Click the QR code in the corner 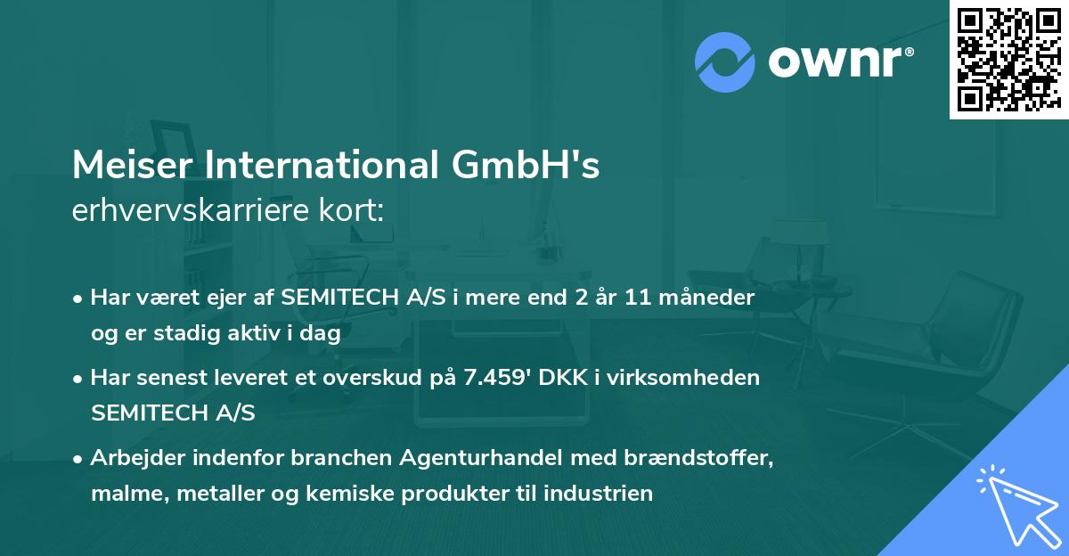point(1008,59)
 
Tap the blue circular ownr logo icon point(725,62)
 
